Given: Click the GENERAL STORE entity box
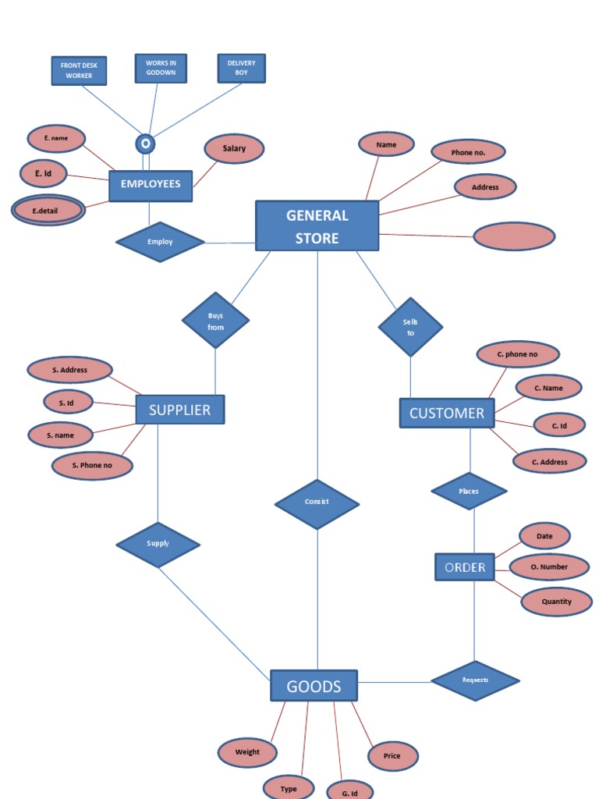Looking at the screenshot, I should coord(317,225).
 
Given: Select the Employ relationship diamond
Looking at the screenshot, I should coord(160,242).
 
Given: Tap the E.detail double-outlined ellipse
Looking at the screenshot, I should coord(48,211).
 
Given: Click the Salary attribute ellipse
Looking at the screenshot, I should coord(234,148).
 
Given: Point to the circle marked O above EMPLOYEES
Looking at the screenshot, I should coord(145,144).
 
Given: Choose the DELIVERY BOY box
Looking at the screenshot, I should coord(241,68).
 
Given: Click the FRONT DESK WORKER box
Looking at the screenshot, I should coord(79,70).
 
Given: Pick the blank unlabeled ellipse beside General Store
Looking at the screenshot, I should coord(514,236).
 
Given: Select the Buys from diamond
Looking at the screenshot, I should coord(215,321).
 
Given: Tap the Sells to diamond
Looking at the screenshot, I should coord(410,327).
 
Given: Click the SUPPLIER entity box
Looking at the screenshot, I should coord(180,410).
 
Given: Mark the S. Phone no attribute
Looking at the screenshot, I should coord(92,466).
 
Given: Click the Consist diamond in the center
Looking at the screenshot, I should coord(317,503).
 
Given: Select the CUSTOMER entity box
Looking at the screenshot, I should coord(447,414).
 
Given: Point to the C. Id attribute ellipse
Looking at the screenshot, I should coord(559,425).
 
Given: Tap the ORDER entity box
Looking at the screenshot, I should coord(465,567).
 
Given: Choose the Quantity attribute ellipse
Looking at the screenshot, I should coord(556,602).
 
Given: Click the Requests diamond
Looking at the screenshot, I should coord(475,680).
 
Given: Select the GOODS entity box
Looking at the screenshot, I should coord(314,686).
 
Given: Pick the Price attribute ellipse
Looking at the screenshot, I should coord(392,755).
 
